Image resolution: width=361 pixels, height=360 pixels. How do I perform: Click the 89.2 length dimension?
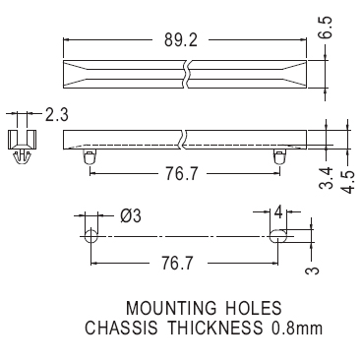181,40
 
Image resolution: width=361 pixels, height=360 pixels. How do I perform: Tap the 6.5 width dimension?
326,28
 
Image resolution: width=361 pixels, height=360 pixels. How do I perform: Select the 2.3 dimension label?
56,115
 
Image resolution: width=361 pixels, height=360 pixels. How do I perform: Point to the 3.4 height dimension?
327,178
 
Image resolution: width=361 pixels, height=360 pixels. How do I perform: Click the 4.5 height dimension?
347,182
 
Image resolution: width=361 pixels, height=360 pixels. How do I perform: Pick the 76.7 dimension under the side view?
181,174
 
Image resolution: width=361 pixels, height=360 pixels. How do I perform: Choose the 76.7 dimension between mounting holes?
178,263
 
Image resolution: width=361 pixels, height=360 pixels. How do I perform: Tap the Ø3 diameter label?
131,216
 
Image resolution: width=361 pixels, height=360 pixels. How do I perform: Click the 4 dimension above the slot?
277,212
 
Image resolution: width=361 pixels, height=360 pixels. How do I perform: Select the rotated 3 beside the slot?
312,270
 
